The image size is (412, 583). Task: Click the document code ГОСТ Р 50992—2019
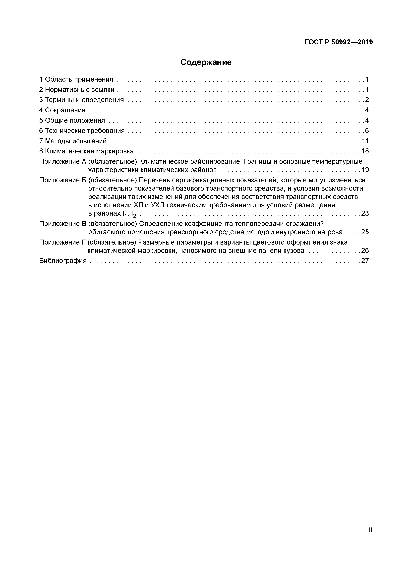(339, 42)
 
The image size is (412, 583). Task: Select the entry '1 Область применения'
(76, 79)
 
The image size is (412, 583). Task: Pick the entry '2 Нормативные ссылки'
(77, 90)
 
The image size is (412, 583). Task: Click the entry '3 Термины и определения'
(81, 100)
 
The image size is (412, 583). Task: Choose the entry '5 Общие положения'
(72, 120)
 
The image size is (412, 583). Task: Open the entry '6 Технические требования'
(82, 131)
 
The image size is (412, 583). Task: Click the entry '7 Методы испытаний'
(73, 141)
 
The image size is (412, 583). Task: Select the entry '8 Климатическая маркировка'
(86, 151)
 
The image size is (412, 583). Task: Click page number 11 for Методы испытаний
(365, 141)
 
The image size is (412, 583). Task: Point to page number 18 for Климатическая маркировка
(365, 151)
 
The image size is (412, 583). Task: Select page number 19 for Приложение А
(365, 170)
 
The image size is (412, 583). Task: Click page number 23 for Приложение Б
(365, 213)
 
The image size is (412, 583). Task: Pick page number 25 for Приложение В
(365, 232)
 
